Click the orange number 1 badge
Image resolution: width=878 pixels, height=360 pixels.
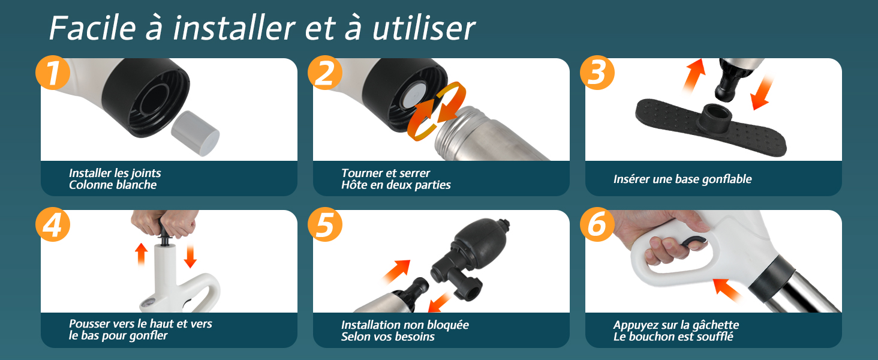[53, 73]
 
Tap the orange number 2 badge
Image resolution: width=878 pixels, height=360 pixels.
[324, 73]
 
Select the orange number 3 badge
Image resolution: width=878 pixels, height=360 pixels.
[597, 73]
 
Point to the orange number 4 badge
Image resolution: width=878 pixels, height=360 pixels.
[53, 224]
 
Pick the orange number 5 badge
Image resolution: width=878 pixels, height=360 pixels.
[324, 224]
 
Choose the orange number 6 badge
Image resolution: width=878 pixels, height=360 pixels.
[597, 224]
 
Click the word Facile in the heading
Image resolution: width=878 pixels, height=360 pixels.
[92, 28]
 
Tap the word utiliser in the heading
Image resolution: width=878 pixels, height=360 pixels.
[424, 28]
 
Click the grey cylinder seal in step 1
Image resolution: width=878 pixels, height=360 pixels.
[195, 133]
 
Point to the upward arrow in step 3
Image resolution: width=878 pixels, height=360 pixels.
[694, 75]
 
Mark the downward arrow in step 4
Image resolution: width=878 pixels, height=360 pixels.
[190, 256]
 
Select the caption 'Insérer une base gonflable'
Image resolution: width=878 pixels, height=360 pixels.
[682, 179]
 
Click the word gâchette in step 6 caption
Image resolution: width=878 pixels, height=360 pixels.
[715, 325]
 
